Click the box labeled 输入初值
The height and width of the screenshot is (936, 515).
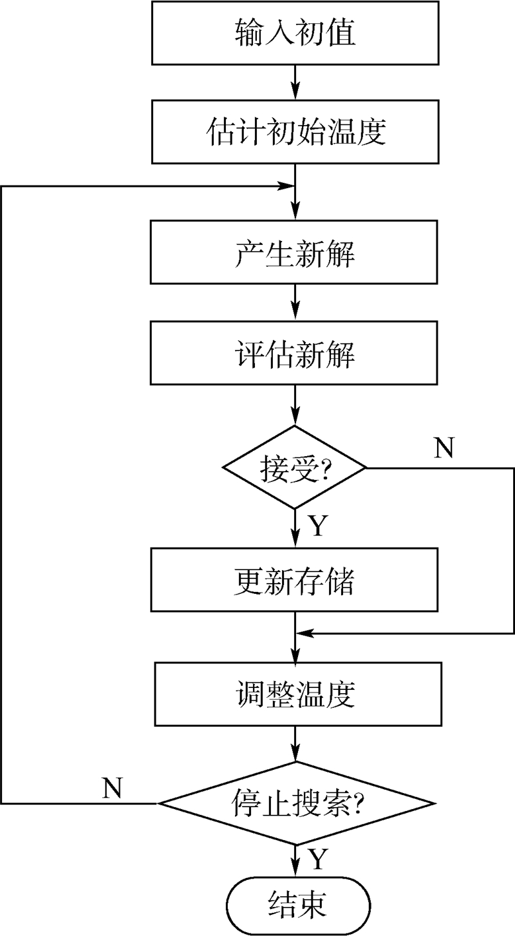click(x=295, y=33)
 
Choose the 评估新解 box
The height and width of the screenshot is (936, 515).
click(x=295, y=354)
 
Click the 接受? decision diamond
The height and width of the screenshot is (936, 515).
click(x=295, y=467)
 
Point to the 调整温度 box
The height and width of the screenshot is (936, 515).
click(x=295, y=696)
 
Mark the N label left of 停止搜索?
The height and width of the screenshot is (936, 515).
click(x=113, y=787)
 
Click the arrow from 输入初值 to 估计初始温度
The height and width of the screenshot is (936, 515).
click(x=295, y=82)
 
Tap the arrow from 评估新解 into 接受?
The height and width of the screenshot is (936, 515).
click(x=295, y=405)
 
